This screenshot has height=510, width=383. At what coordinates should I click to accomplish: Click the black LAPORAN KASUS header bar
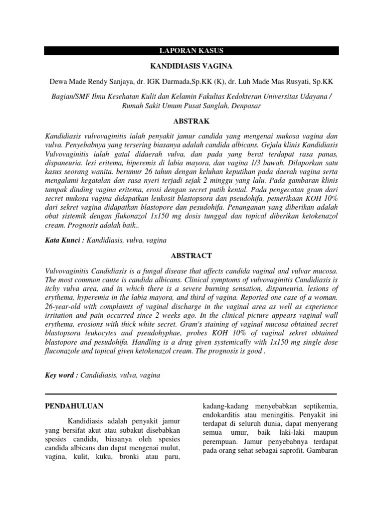click(191, 51)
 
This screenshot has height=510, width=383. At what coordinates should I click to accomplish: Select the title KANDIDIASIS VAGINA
click(191, 66)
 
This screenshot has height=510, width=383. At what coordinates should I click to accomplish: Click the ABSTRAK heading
click(191, 121)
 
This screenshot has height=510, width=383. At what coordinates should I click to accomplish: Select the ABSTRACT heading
click(191, 255)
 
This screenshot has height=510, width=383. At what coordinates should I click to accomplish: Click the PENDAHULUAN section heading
click(74, 406)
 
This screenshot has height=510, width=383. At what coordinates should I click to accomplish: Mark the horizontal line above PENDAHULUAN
click(191, 393)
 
